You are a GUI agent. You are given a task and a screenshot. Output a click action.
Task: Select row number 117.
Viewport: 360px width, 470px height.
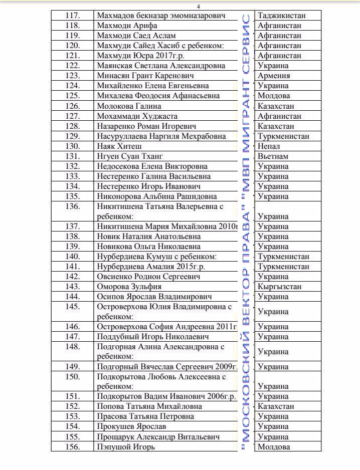pyautogui.click(x=72, y=16)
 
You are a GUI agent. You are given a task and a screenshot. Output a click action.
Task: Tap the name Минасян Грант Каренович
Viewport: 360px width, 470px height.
pyautogui.click(x=145, y=76)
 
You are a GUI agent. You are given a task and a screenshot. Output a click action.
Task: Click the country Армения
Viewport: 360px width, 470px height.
pyautogui.click(x=273, y=76)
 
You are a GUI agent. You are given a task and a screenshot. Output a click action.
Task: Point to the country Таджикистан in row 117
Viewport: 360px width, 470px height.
pyautogui.click(x=281, y=16)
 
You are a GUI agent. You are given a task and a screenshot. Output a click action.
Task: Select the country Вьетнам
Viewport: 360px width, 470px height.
pyautogui.click(x=272, y=156)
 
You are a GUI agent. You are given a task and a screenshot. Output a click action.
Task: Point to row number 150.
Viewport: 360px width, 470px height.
pyautogui.click(x=72, y=376)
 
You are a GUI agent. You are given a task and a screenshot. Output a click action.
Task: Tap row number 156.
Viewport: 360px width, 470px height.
pyautogui.click(x=72, y=446)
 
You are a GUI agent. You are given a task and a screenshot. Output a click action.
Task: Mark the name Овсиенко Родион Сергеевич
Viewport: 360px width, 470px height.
pyautogui.click(x=148, y=277)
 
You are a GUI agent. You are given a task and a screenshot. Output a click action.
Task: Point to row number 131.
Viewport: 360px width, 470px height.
pyautogui.click(x=72, y=156)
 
